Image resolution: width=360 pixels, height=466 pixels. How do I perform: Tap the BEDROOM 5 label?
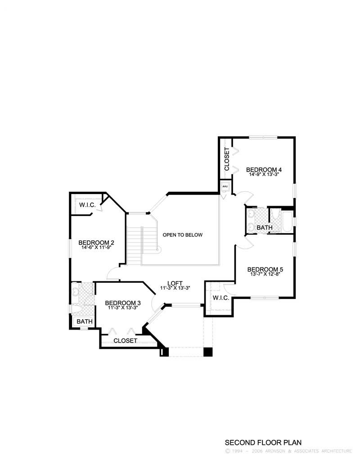point(265,270)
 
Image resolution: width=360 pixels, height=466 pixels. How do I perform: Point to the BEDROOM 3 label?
point(122,303)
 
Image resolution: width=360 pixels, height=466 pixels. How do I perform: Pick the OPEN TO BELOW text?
point(183,235)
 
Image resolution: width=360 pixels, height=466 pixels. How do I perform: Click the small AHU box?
point(225,186)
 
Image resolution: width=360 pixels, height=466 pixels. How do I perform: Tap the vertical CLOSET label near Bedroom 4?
point(227,159)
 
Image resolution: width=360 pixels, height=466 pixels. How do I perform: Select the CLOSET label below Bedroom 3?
point(125,341)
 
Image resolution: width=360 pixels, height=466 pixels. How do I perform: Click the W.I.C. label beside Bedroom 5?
point(221,298)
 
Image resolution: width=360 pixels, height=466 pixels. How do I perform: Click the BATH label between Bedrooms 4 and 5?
point(264,228)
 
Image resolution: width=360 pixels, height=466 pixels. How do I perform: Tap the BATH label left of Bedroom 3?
point(84,321)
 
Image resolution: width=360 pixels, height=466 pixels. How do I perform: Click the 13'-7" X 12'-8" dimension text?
point(265,275)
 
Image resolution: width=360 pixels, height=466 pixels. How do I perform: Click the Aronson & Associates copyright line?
point(288,451)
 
